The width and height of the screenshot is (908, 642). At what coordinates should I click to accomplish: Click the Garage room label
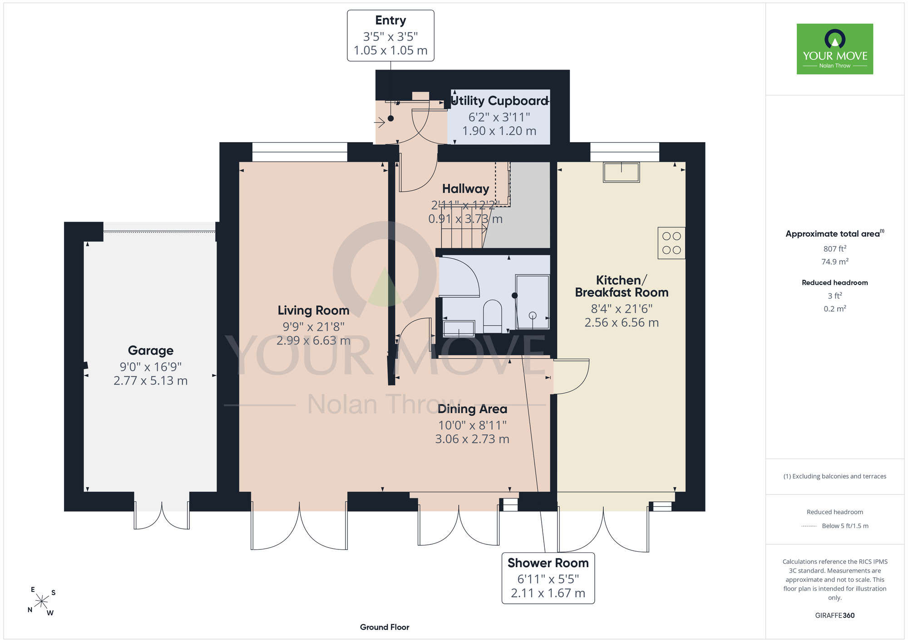pos(151,351)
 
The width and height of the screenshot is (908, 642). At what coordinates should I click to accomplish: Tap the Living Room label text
pos(313,311)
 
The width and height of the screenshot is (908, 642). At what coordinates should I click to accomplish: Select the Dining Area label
pos(472,409)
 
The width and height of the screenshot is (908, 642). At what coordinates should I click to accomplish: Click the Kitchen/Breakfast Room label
pos(622,286)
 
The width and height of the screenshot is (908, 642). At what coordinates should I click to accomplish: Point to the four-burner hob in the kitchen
pos(671,243)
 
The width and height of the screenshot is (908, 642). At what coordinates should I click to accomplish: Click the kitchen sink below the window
pos(622,173)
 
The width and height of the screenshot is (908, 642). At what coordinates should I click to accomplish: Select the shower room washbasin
pos(459,329)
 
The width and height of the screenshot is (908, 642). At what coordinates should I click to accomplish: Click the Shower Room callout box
pos(548,578)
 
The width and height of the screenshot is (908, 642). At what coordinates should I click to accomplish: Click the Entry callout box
pos(390,35)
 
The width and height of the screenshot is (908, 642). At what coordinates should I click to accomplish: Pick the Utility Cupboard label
pos(499,101)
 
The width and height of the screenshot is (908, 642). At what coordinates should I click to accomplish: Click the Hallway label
pos(465,189)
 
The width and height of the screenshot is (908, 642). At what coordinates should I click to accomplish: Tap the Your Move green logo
pos(835,49)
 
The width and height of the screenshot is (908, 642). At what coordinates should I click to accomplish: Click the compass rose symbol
pos(42,602)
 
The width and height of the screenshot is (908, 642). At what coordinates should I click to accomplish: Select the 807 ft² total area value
pos(835,249)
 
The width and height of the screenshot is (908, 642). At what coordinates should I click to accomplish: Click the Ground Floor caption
pos(385,627)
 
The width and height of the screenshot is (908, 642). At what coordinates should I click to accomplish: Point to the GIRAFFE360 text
pos(835,616)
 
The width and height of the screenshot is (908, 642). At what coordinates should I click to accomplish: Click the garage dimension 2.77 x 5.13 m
pos(151,380)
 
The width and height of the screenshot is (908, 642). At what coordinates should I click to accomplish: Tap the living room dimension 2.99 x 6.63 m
pos(313,341)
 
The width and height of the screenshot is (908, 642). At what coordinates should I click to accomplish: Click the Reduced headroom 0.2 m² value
pos(835,309)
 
